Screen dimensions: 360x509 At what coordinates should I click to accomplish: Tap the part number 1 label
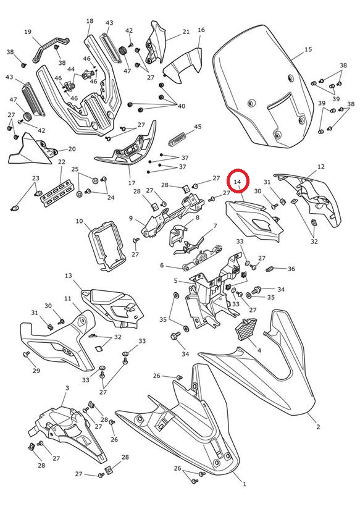click(x=245, y=484)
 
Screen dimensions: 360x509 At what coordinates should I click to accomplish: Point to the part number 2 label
click(x=318, y=427)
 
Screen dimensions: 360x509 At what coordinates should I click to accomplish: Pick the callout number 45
click(x=198, y=127)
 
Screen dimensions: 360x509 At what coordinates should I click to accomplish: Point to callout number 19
click(x=28, y=32)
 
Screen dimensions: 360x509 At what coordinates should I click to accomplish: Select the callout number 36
click(x=291, y=269)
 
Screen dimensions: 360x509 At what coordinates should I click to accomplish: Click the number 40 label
click(x=181, y=106)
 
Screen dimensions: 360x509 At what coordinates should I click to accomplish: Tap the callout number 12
click(x=320, y=167)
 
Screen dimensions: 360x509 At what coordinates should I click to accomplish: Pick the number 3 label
click(x=67, y=388)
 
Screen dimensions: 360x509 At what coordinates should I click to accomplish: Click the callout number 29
click(x=36, y=371)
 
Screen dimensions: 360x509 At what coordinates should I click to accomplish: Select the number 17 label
click(x=132, y=183)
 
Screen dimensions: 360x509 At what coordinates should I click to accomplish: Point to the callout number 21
click(x=186, y=32)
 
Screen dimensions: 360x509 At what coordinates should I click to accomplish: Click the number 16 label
click(x=201, y=30)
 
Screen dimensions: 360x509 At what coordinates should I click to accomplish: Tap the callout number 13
click(x=68, y=276)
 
